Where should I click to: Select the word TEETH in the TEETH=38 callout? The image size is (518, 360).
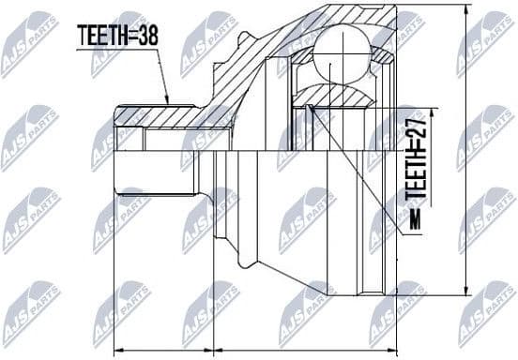click(x=99, y=37)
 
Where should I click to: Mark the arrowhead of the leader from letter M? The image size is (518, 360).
click(x=311, y=109)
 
